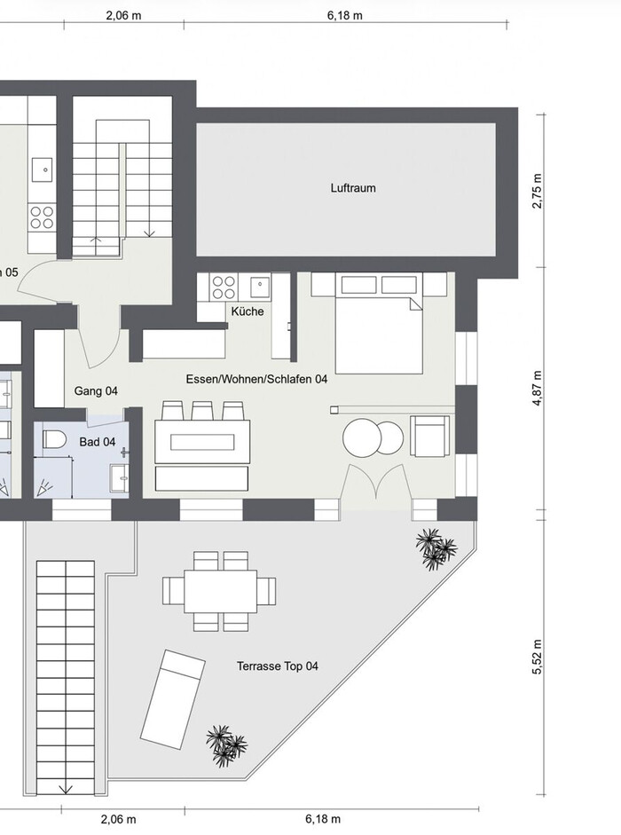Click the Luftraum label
click(x=352, y=188)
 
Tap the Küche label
click(x=248, y=311)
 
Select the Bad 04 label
click(x=98, y=442)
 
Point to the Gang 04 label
click(x=96, y=391)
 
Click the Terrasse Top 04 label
click(x=278, y=666)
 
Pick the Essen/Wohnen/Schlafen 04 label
click(x=256, y=379)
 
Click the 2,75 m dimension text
click(x=538, y=191)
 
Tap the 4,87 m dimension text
click(x=538, y=388)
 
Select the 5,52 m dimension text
click(x=538, y=657)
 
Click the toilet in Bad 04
click(x=54, y=440)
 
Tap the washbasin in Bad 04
click(x=119, y=478)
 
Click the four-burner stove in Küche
click(x=224, y=287)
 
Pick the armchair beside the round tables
click(x=429, y=437)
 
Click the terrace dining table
click(x=221, y=591)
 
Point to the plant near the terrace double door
click(x=435, y=549)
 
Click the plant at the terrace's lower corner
click(x=226, y=745)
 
